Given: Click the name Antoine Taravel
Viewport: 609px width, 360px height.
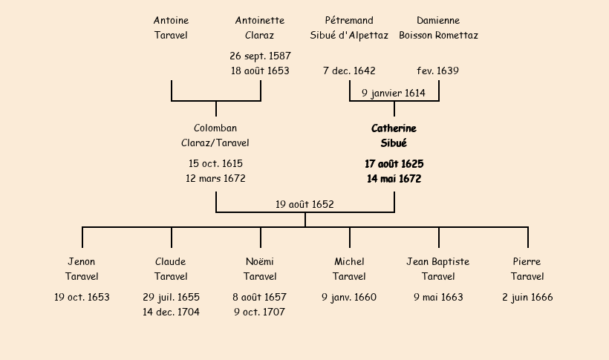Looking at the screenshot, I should pyautogui.click(x=171, y=27).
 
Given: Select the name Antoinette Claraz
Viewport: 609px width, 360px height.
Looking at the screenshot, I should pyautogui.click(x=260, y=27).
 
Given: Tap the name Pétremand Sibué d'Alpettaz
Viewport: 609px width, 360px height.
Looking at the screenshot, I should pyautogui.click(x=349, y=27).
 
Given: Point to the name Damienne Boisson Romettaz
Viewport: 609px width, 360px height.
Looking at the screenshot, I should pyautogui.click(x=438, y=27).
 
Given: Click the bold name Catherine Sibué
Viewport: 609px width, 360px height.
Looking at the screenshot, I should pyautogui.click(x=394, y=136).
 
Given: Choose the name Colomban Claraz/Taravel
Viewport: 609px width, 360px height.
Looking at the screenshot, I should pyautogui.click(x=215, y=136).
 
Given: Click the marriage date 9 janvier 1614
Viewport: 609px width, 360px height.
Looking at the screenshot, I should pyautogui.click(x=394, y=93).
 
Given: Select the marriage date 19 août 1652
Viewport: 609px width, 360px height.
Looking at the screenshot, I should pyautogui.click(x=304, y=204).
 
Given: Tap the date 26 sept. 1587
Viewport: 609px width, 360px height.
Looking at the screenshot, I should pyautogui.click(x=260, y=56).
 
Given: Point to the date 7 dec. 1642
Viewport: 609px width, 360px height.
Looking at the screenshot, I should pyautogui.click(x=349, y=71).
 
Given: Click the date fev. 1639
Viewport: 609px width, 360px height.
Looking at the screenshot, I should pyautogui.click(x=438, y=71).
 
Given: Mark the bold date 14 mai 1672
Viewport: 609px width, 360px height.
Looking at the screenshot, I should pyautogui.click(x=394, y=179).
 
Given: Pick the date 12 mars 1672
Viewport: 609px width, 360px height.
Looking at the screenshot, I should pyautogui.click(x=215, y=179).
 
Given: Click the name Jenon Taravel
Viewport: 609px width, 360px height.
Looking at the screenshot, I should pyautogui.click(x=82, y=269).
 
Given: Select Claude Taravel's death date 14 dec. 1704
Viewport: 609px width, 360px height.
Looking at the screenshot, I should pyautogui.click(x=171, y=312).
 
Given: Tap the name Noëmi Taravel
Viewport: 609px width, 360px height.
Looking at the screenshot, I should pyautogui.click(x=260, y=269).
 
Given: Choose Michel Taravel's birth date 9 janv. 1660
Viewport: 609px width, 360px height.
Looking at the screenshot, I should pyautogui.click(x=349, y=298).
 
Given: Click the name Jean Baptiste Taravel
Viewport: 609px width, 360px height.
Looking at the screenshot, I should pyautogui.click(x=438, y=269).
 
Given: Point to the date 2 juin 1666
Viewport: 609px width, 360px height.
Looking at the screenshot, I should pyautogui.click(x=527, y=298).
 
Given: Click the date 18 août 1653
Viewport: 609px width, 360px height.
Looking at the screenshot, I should pyautogui.click(x=260, y=71).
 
